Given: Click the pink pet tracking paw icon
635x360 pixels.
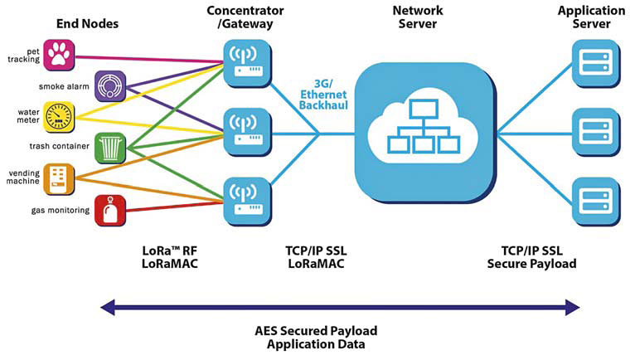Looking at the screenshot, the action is (x=59, y=55).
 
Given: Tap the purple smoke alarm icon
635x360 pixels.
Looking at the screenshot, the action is (x=110, y=86).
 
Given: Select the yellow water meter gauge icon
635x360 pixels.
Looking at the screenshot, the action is (x=59, y=118).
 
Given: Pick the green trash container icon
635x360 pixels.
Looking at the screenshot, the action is (x=110, y=148).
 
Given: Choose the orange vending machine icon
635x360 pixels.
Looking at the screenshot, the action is (x=59, y=179).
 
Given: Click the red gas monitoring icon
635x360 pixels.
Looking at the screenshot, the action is (x=110, y=211).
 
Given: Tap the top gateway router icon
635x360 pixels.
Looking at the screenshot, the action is (x=247, y=64).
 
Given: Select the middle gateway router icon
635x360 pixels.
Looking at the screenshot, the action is (x=247, y=133).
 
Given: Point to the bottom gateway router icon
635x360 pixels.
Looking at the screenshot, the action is (x=247, y=202).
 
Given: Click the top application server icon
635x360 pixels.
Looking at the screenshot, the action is (x=596, y=64).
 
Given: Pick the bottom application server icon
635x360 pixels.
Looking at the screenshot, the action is (x=596, y=202).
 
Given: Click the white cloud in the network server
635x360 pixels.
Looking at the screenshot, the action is (x=424, y=126).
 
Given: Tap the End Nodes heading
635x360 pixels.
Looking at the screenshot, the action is (x=88, y=23).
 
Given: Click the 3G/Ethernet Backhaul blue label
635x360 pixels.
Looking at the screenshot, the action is (x=323, y=95).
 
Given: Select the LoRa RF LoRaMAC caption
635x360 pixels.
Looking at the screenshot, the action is (x=170, y=257).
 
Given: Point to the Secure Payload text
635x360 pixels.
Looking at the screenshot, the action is (x=531, y=264).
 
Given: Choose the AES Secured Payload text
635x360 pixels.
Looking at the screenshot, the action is (x=316, y=331).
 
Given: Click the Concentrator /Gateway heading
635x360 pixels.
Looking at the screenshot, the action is (x=245, y=17).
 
